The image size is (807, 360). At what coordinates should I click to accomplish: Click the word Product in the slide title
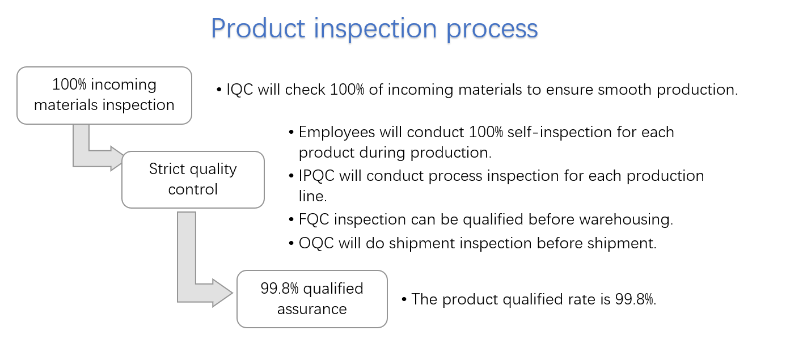[x=258, y=28]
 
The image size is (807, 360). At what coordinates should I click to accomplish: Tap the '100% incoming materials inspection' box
[x=104, y=95]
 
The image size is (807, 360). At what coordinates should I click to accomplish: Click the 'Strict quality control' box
[x=193, y=180]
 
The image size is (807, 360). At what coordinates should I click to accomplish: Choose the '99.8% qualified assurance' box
[x=312, y=299]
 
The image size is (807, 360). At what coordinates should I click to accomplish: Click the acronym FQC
[x=314, y=219]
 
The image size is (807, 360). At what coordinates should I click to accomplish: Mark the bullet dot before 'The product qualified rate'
[x=404, y=299]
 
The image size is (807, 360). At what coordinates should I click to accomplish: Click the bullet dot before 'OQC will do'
[x=291, y=243]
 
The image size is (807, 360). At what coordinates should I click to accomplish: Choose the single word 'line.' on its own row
[x=312, y=196]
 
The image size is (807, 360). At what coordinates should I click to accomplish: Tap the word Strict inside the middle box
[x=167, y=169]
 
